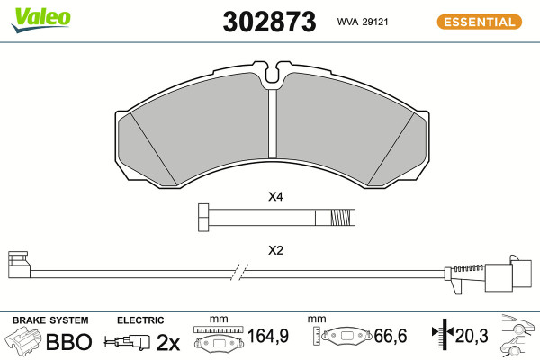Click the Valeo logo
pyautogui.click(x=41, y=20)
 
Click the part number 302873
pyautogui.click(x=269, y=22)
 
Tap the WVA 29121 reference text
pyautogui.click(x=363, y=22)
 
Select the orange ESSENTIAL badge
pyautogui.click(x=480, y=22)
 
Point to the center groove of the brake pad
pyautogui.click(x=273, y=123)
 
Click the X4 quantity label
pyautogui.click(x=275, y=197)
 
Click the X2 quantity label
pyautogui.click(x=275, y=250)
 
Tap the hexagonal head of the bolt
pyautogui.click(x=203, y=218)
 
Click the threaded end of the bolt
pyautogui.click(x=342, y=218)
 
